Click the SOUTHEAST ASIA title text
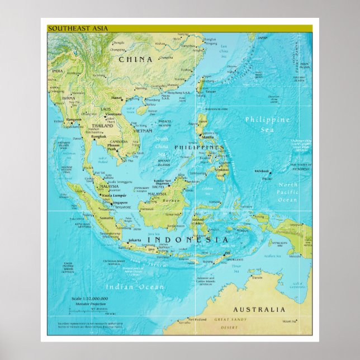coord(70,28)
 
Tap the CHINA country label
coord(136,58)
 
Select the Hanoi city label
coord(116,98)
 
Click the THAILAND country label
coord(102,126)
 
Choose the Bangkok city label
coord(100,136)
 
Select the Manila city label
coord(207,136)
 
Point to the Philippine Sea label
coord(267,124)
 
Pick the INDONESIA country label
coord(188,240)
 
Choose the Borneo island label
coord(171,200)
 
